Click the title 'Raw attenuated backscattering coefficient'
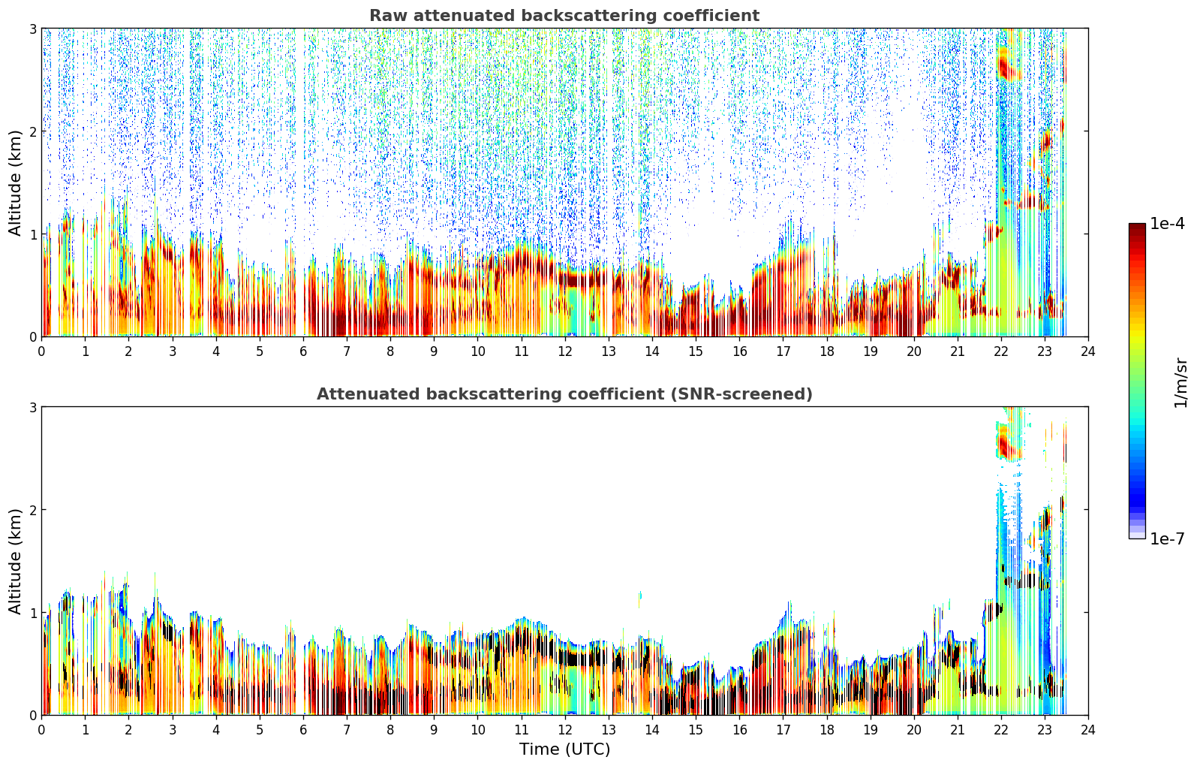[x=564, y=16]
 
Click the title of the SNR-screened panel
[x=564, y=394]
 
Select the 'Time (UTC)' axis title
[x=564, y=749]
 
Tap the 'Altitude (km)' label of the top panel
[x=15, y=183]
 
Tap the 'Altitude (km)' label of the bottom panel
[x=15, y=561]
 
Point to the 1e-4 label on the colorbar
[x=1167, y=224]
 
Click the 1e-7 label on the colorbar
[x=1167, y=538]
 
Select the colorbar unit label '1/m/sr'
[x=1180, y=382]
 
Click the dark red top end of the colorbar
[x=1137, y=226]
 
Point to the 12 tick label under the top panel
[x=565, y=351]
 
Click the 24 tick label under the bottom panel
[x=1088, y=730]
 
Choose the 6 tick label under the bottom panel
[x=303, y=730]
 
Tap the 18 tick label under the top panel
[x=827, y=351]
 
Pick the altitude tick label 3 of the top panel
[x=32, y=29]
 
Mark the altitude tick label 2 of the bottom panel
[x=32, y=510]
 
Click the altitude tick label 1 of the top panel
[x=32, y=234]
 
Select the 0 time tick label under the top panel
[x=42, y=351]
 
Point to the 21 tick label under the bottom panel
[x=957, y=730]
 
